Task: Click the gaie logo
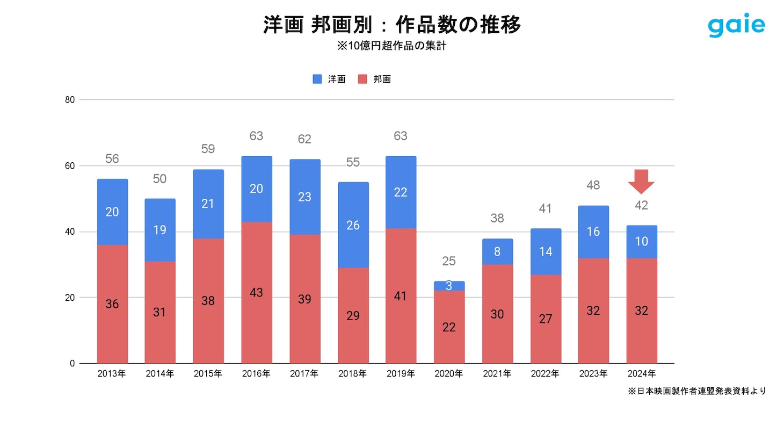[x=736, y=25]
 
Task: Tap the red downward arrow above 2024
[x=641, y=181]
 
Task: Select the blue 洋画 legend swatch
[x=317, y=79]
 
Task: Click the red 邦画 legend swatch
[x=362, y=79]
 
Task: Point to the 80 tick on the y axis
[x=70, y=99]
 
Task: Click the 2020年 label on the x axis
[x=448, y=373]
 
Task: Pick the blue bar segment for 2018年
[x=353, y=225]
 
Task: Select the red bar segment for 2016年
[x=256, y=293]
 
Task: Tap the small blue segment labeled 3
[x=449, y=286]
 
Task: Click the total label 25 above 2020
[x=449, y=261]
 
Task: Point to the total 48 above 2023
[x=593, y=185]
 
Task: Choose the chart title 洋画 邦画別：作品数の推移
[x=392, y=25]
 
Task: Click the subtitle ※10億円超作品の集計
[x=391, y=46]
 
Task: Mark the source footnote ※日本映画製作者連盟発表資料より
[x=696, y=391]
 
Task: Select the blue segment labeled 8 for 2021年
[x=497, y=251]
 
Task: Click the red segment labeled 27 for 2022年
[x=545, y=319]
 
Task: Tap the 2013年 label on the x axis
[x=112, y=373]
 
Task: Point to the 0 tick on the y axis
[x=72, y=363]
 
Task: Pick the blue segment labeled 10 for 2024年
[x=641, y=242]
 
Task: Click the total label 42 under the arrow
[x=641, y=205]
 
